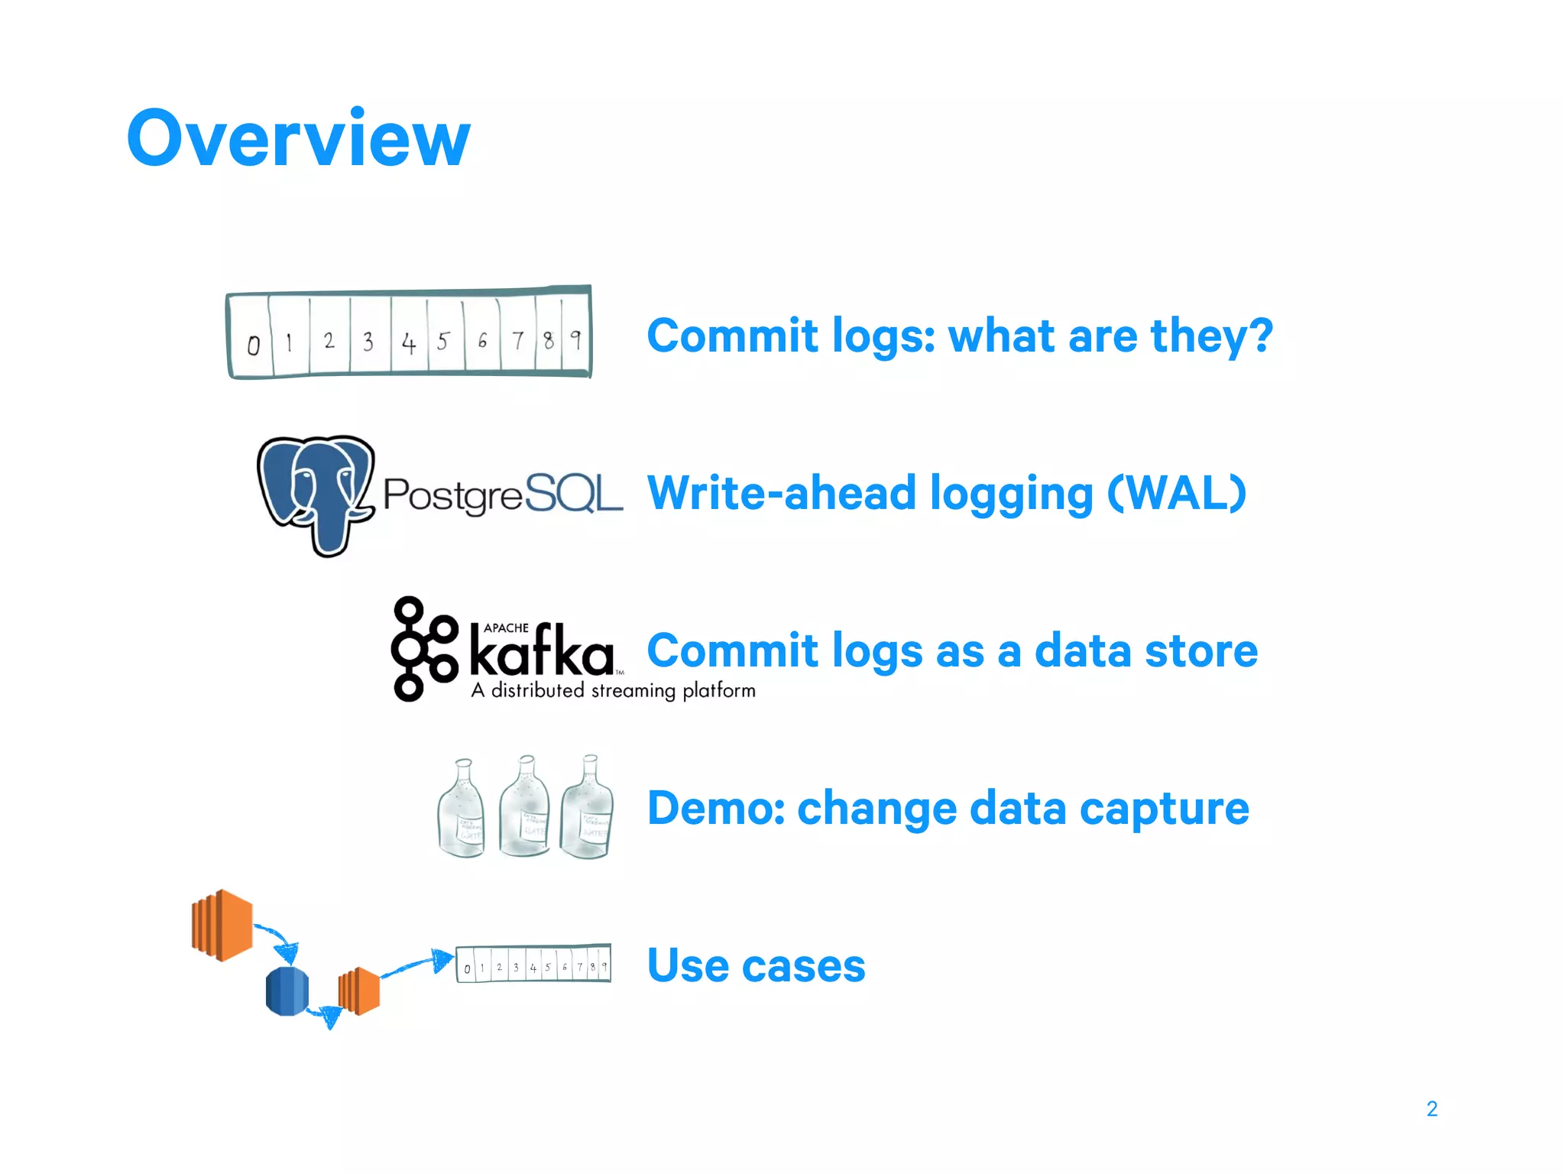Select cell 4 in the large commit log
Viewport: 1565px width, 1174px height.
[x=409, y=342]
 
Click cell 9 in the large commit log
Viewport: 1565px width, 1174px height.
[x=576, y=339]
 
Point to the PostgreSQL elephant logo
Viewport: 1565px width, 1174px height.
[x=316, y=493]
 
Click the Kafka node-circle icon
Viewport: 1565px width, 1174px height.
[x=423, y=649]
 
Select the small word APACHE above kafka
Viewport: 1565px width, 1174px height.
[x=506, y=628]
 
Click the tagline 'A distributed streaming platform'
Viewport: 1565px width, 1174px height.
[x=613, y=690]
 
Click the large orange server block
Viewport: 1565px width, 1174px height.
[x=222, y=925]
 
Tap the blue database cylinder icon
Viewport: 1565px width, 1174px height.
[x=287, y=991]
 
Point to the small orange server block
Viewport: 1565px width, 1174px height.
[x=359, y=991]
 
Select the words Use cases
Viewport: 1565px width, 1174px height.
[x=756, y=965]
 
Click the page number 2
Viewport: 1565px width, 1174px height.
[x=1431, y=1108]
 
